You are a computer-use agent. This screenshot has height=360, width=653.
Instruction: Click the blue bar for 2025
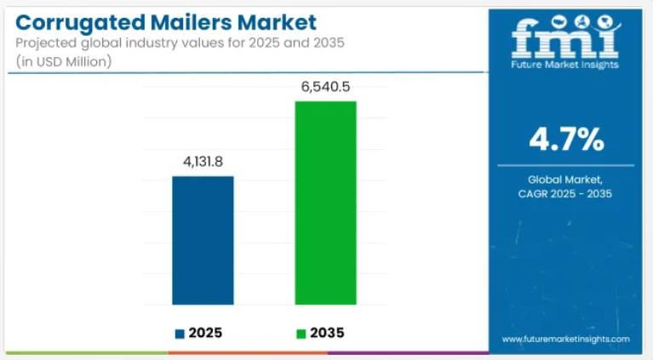click(203, 240)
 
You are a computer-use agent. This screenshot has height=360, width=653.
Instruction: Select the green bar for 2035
click(325, 203)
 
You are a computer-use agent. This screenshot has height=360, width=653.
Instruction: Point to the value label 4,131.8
click(203, 161)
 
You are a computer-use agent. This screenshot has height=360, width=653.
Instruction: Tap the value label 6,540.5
click(325, 86)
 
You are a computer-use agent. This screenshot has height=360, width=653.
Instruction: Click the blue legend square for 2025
click(180, 333)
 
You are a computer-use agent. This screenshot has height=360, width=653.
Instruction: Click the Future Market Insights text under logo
click(565, 64)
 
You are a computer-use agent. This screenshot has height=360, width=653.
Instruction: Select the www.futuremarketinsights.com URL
click(565, 339)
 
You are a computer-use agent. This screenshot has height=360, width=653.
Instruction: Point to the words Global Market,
click(565, 180)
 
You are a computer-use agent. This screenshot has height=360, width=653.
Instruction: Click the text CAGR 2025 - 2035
click(565, 195)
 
